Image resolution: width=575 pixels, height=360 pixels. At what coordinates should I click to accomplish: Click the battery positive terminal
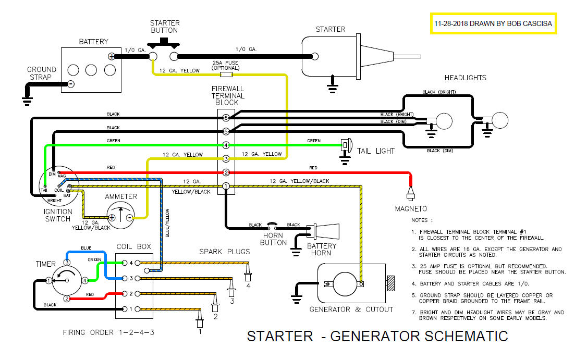[111, 56]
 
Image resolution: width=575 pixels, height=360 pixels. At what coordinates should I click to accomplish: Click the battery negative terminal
[71, 84]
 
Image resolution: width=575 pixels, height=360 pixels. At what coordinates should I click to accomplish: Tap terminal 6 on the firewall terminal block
[226, 118]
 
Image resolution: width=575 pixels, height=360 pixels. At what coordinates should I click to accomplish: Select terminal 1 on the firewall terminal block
[226, 186]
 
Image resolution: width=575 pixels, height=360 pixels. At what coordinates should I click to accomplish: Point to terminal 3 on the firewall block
[226, 158]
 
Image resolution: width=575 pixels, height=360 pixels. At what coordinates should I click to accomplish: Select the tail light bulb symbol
[345, 144]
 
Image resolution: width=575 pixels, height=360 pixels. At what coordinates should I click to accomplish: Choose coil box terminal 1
[125, 309]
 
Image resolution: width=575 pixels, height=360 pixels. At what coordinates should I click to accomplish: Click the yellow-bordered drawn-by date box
[493, 24]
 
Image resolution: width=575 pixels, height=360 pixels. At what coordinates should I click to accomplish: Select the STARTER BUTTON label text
[165, 27]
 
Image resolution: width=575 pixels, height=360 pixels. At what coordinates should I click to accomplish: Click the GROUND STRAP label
[42, 73]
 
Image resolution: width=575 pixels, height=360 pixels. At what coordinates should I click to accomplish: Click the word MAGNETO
[412, 209]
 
